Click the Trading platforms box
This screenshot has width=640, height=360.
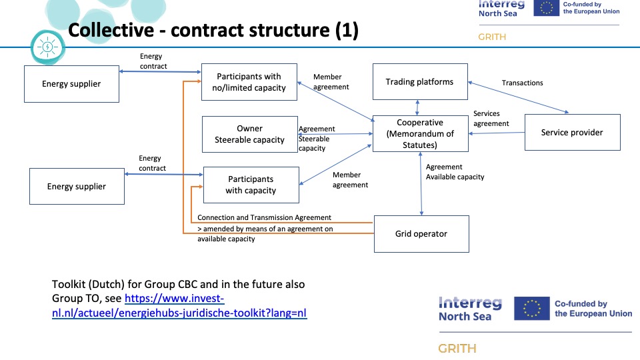point(420,83)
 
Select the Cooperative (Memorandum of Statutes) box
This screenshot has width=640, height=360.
point(420,133)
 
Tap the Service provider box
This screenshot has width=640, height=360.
point(572,132)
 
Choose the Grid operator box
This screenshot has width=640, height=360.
point(421,234)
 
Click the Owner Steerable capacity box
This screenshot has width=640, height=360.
point(249,134)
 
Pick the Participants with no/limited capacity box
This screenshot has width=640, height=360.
point(249,82)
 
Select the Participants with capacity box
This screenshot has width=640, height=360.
point(251,185)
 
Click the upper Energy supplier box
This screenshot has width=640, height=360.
point(71,84)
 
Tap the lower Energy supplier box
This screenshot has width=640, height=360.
point(77,187)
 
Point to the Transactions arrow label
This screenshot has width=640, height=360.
point(522,83)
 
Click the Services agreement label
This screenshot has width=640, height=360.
point(491,119)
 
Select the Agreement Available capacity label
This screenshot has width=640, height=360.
point(455,172)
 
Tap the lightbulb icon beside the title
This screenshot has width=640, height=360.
point(47,47)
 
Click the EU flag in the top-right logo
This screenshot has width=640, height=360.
point(546,7)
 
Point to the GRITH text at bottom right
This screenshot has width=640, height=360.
point(457,349)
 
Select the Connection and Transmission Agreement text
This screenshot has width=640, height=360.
point(265,218)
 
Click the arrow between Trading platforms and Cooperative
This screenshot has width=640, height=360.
point(418,107)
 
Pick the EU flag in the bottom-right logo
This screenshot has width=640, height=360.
point(531,309)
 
